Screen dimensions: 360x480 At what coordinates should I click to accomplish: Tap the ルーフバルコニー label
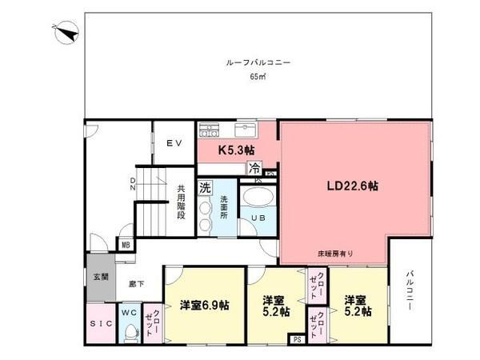tap(257, 62)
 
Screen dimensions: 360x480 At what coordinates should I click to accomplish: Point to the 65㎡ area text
tap(257, 78)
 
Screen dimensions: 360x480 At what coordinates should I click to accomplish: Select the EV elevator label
tap(174, 142)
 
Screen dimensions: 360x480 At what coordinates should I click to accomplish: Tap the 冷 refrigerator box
tap(254, 168)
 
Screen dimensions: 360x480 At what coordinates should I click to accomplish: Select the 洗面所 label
tap(224, 207)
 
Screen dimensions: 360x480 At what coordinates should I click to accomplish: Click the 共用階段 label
tap(182, 204)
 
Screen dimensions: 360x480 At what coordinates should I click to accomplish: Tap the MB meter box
tap(126, 245)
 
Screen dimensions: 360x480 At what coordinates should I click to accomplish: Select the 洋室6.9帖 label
tap(205, 305)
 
